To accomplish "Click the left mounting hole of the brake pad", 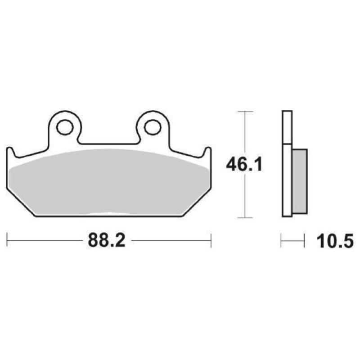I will (65, 127).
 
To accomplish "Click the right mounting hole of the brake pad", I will (153, 127).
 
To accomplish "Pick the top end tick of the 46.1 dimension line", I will (244, 111).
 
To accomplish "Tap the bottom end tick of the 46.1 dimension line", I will (244, 218).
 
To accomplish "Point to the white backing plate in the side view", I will (287, 180).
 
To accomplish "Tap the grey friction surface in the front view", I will (108, 180).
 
